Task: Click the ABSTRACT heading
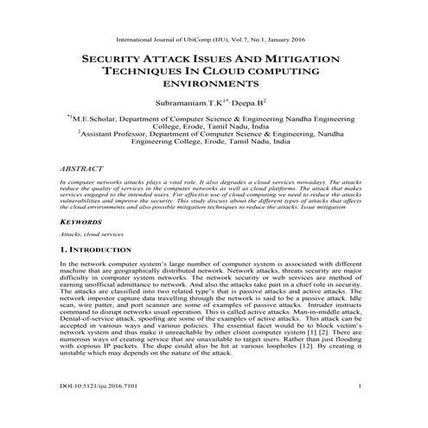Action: coord(80,172)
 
